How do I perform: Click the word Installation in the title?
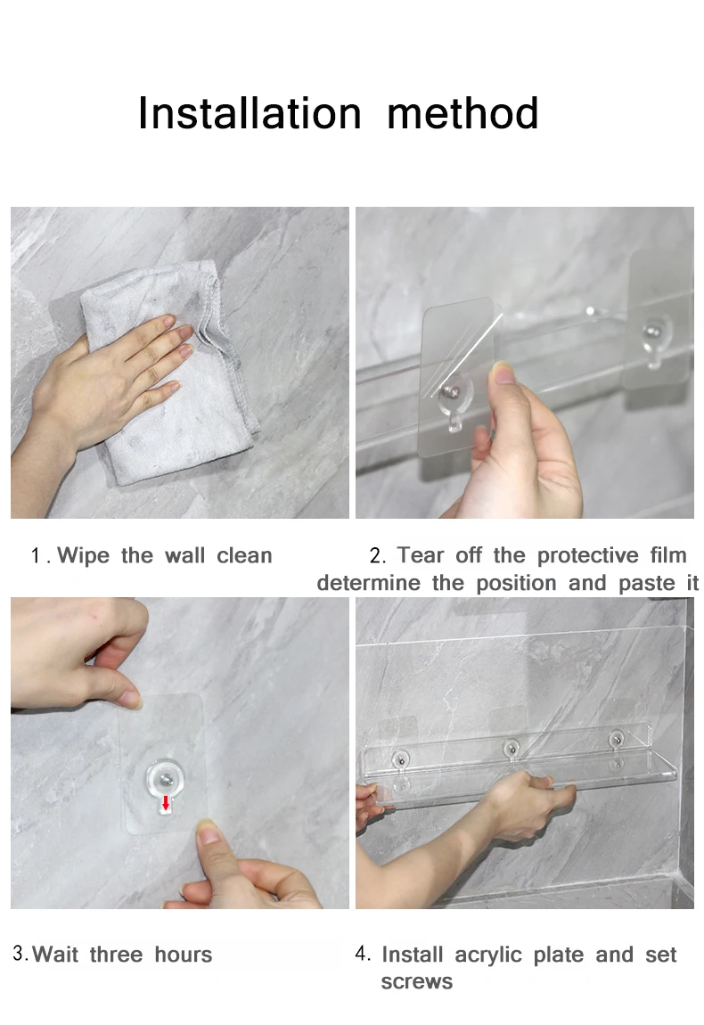(250, 113)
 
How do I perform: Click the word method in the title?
(463, 113)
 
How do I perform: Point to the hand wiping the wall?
(98, 386)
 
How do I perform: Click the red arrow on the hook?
(166, 803)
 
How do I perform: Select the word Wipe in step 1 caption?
(83, 555)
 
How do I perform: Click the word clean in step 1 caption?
(244, 555)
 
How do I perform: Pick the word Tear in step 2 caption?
(421, 555)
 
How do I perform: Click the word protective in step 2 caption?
(587, 555)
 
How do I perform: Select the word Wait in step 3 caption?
(55, 955)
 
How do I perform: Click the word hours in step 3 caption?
(183, 955)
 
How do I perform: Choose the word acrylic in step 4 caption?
(487, 955)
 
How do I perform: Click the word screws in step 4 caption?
(416, 982)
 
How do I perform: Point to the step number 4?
(362, 954)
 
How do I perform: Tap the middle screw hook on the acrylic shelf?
(512, 747)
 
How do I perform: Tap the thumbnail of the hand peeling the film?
(505, 373)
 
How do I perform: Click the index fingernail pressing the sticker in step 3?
(209, 832)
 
